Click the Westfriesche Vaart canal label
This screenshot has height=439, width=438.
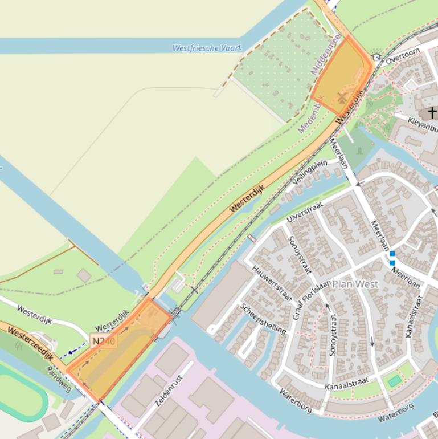coord(207,48)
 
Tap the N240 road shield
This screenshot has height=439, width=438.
coord(103,342)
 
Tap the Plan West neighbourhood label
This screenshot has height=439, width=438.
coord(355,284)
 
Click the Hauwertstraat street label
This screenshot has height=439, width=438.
coord(272,284)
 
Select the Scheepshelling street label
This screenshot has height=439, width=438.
coord(263,318)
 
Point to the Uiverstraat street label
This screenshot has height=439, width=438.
coord(305,211)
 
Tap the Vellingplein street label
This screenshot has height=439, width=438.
coord(310,172)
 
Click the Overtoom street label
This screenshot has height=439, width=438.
coord(403,56)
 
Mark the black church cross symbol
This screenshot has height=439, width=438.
coord(432,112)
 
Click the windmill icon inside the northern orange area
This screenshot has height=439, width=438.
coord(342,98)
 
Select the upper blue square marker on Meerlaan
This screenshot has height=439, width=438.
coord(392,254)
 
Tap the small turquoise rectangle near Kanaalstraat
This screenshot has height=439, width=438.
coord(395,381)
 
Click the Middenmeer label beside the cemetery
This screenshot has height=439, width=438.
coord(326,55)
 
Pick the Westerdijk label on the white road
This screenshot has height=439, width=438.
coord(35,315)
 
